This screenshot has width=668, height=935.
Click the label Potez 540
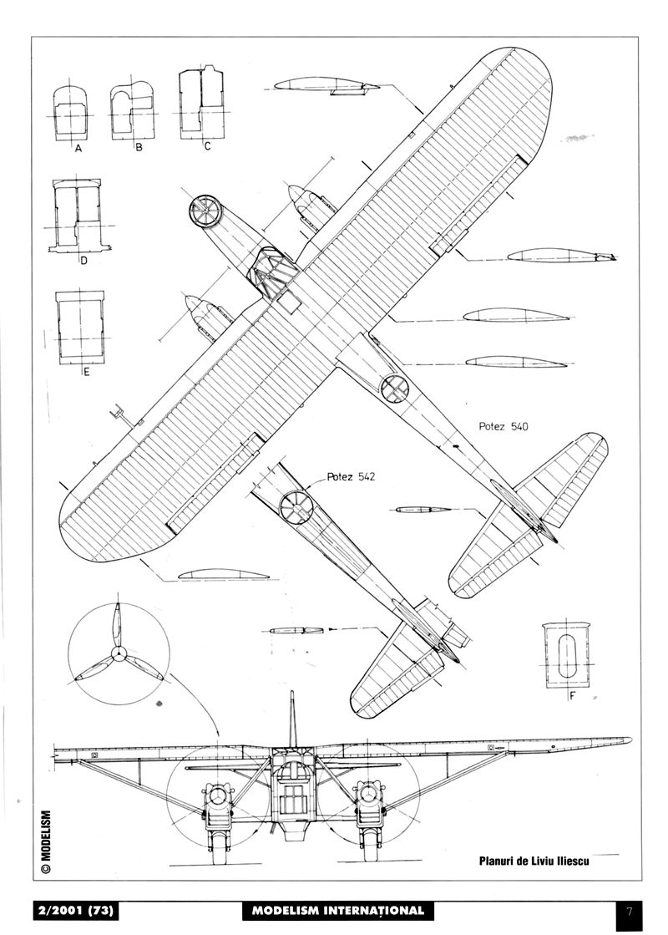click(x=504, y=426)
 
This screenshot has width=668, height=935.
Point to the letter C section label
click(x=206, y=148)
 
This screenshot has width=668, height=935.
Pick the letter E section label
click(x=85, y=373)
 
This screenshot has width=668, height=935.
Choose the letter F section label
click(x=572, y=694)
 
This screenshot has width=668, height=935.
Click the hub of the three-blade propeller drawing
click(x=119, y=653)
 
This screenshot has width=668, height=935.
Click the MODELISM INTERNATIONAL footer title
click(x=338, y=910)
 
